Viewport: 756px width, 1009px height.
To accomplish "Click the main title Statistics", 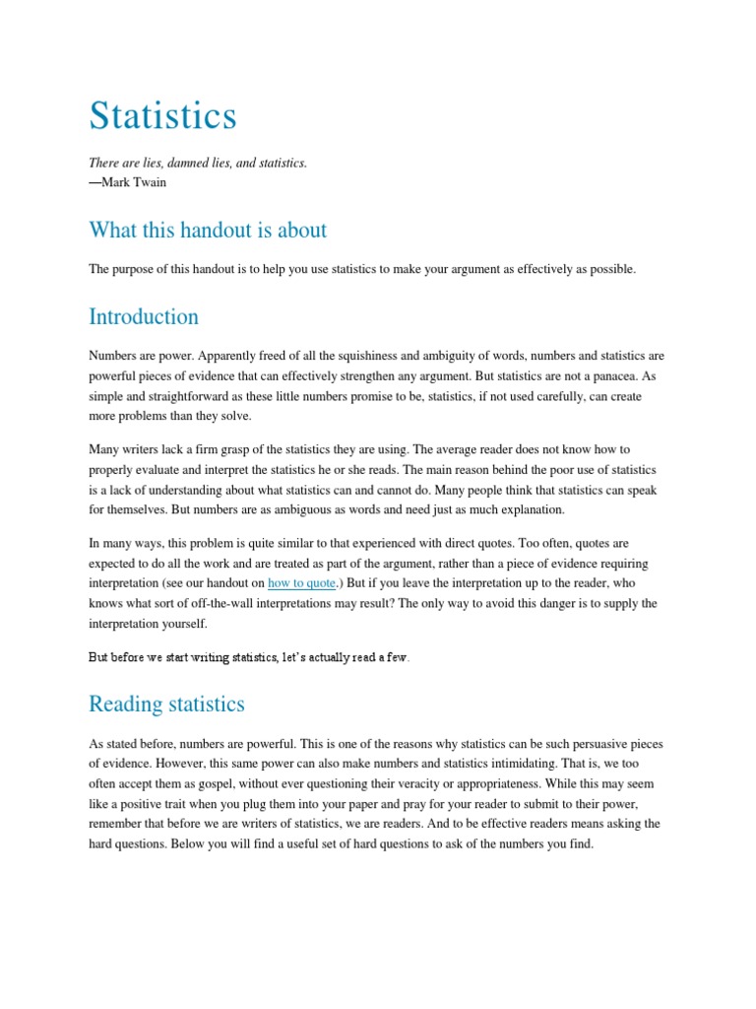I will pyautogui.click(x=162, y=115).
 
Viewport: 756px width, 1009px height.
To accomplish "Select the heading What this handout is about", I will pyautogui.click(x=208, y=231).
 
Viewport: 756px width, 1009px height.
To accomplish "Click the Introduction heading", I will pyautogui.click(x=144, y=317).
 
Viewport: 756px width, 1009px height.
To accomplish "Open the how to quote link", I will pyautogui.click(x=301, y=582).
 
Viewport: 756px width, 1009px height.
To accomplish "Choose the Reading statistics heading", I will pyautogui.click(x=166, y=705).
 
